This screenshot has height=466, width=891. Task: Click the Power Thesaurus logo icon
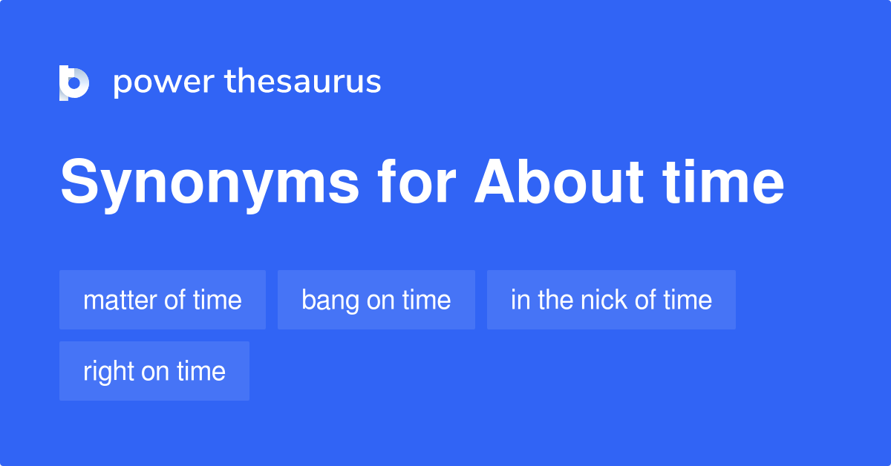tap(74, 82)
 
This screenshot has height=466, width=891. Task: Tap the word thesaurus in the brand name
tap(303, 81)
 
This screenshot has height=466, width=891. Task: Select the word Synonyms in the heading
tap(209, 185)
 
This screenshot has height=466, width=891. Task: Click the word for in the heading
tap(417, 181)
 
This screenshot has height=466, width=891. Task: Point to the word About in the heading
tap(559, 181)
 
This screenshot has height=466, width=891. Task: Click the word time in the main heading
tap(723, 181)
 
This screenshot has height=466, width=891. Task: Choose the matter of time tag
tap(163, 300)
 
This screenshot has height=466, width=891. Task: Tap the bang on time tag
tap(376, 300)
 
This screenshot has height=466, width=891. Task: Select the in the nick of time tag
tap(611, 300)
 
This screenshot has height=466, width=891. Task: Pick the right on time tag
tap(154, 371)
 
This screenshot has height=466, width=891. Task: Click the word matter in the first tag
tap(120, 301)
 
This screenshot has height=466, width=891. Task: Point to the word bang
tap(330, 301)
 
